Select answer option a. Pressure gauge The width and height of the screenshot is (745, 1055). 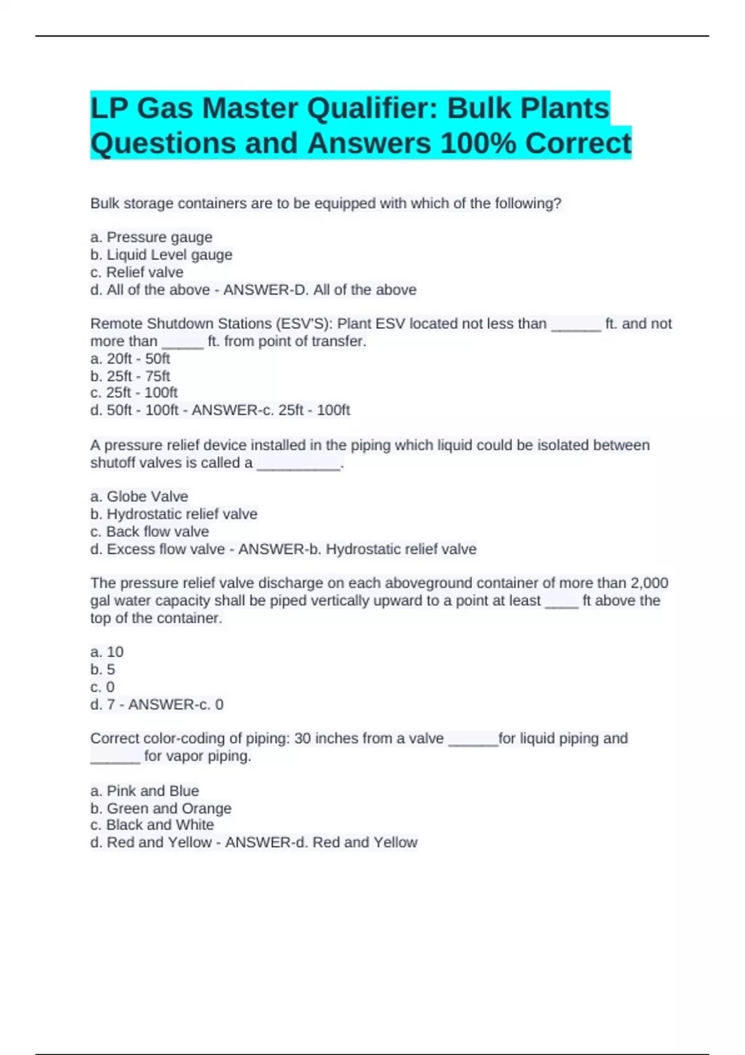[151, 237]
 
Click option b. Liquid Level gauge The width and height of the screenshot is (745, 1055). [161, 254]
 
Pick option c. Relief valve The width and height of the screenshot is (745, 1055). [137, 272]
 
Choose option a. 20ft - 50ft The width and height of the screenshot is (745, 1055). [130, 359]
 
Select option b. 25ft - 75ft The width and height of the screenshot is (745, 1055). [130, 376]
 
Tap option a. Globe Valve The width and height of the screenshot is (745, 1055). [139, 496]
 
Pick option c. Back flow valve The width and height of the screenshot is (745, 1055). [150, 532]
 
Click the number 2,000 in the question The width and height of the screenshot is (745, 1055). [649, 583]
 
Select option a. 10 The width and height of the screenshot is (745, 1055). [107, 652]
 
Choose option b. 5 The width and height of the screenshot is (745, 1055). [102, 670]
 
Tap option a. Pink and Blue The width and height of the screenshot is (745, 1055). [145, 791]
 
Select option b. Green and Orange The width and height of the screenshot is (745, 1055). [161, 809]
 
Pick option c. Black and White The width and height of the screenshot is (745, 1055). [152, 825]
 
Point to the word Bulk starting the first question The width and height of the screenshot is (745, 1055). [105, 204]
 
